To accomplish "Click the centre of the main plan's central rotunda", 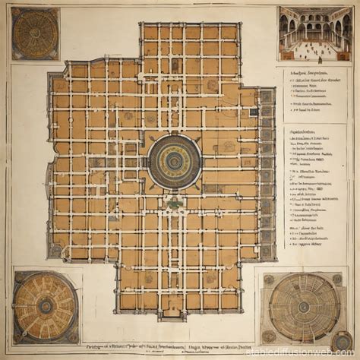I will click(174, 161).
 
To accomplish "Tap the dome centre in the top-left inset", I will click(36, 33).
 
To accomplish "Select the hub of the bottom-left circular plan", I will click(46, 306).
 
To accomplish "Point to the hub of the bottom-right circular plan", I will click(303, 307).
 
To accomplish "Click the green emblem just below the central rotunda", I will click(175, 203).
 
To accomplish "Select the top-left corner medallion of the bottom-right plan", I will click(268, 279).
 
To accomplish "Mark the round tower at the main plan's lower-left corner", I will click(55, 249).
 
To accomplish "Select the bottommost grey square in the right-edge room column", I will click(267, 250).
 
